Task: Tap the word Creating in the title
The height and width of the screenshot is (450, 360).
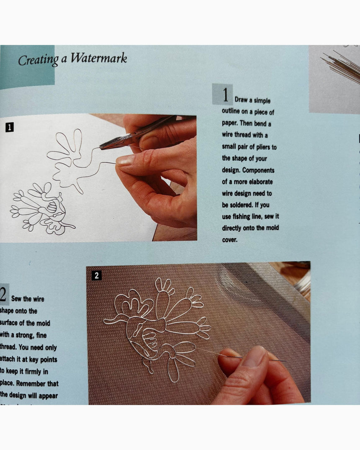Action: (38, 60)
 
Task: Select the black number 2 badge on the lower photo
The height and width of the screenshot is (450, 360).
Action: (97, 275)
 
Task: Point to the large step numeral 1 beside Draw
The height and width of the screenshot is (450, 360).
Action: (225, 96)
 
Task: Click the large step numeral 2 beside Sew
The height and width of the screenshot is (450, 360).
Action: (3, 296)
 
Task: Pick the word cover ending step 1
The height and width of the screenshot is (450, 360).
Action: (230, 240)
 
